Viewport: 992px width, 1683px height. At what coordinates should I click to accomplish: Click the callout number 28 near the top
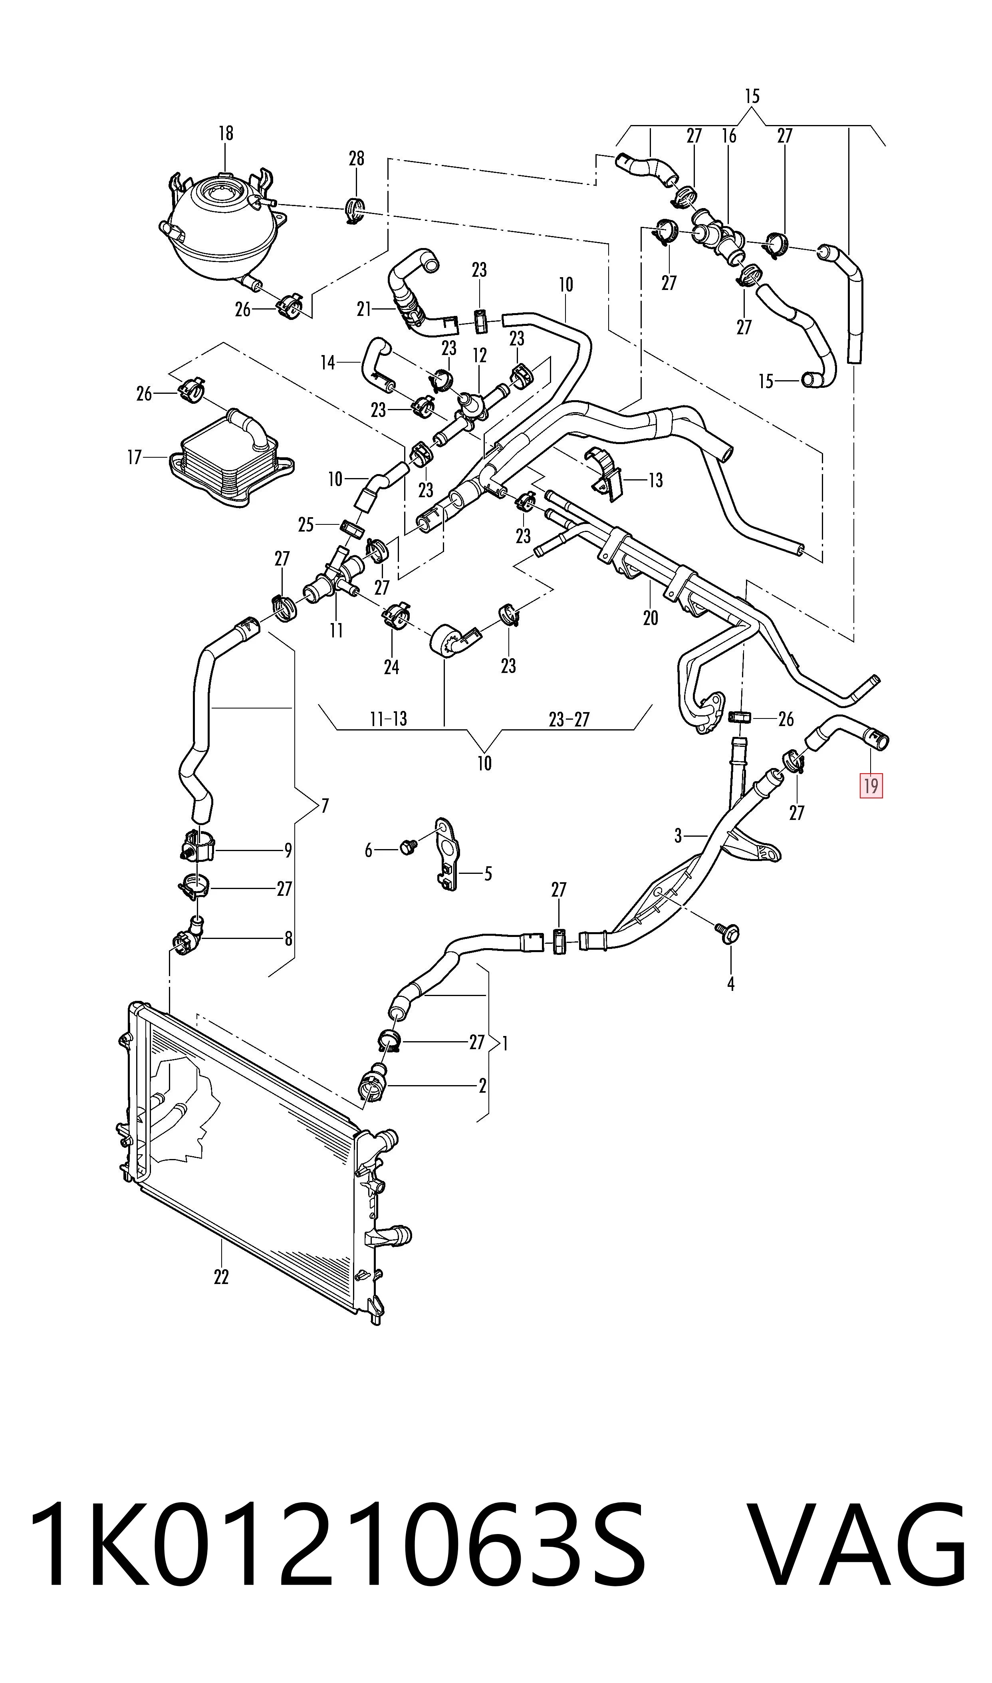tap(356, 159)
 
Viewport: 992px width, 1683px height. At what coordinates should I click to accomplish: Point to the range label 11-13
tap(389, 719)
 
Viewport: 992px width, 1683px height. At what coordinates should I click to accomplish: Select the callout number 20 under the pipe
tap(651, 617)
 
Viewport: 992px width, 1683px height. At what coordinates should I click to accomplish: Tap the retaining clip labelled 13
tap(606, 473)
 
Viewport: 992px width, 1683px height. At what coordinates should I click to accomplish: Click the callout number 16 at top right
tap(729, 136)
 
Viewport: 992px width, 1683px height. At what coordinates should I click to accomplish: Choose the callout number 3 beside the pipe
tap(678, 836)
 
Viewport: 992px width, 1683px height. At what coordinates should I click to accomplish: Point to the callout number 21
tap(364, 310)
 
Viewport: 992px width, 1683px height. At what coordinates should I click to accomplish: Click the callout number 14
tap(327, 363)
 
